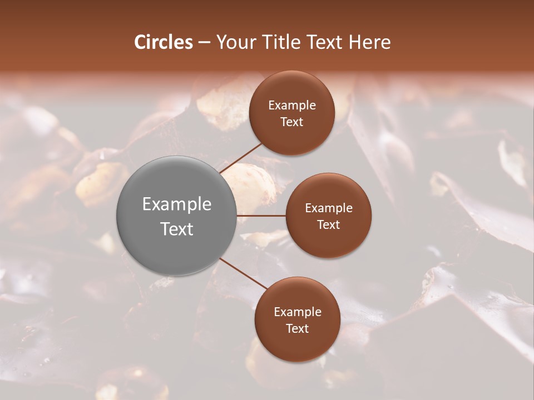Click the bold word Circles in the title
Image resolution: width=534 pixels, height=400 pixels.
pos(164,42)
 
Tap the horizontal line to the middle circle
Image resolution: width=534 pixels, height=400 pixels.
pos(261,216)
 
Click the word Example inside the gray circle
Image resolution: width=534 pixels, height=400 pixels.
pos(177,204)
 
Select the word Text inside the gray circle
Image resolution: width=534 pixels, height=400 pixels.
pos(177,229)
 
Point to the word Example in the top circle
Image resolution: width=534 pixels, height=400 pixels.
pos(292,106)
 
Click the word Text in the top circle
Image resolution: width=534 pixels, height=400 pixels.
pos(292,122)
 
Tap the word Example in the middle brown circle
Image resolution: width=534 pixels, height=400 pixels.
pos(329,208)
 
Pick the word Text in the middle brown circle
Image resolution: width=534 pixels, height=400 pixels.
pos(329,224)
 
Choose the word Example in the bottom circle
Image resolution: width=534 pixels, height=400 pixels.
pos(298,312)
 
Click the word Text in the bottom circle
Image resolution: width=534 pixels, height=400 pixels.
pos(298,328)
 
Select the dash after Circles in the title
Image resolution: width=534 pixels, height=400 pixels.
pos(204,43)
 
